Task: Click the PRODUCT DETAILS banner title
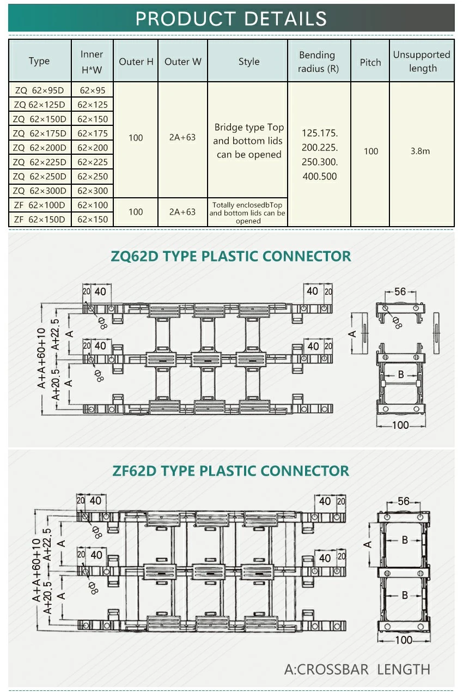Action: click(231, 19)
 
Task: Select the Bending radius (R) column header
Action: click(318, 62)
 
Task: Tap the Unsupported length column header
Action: click(422, 61)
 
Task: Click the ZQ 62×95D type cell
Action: click(40, 90)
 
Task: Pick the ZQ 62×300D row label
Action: click(40, 191)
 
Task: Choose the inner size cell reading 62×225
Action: click(93, 162)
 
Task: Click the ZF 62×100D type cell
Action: click(40, 205)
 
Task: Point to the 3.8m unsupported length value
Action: click(420, 151)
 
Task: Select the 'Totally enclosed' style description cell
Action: click(247, 213)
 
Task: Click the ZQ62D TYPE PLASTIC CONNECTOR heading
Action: click(231, 256)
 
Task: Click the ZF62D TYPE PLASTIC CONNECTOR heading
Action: click(231, 471)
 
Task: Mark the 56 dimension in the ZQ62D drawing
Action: click(400, 292)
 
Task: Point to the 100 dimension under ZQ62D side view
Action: click(400, 425)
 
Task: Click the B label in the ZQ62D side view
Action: click(401, 374)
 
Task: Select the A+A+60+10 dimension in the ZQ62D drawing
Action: click(41, 359)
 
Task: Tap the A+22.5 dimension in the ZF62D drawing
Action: click(47, 545)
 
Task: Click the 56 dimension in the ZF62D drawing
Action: click(404, 501)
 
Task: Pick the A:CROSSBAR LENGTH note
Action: click(357, 670)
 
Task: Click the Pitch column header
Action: click(370, 63)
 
